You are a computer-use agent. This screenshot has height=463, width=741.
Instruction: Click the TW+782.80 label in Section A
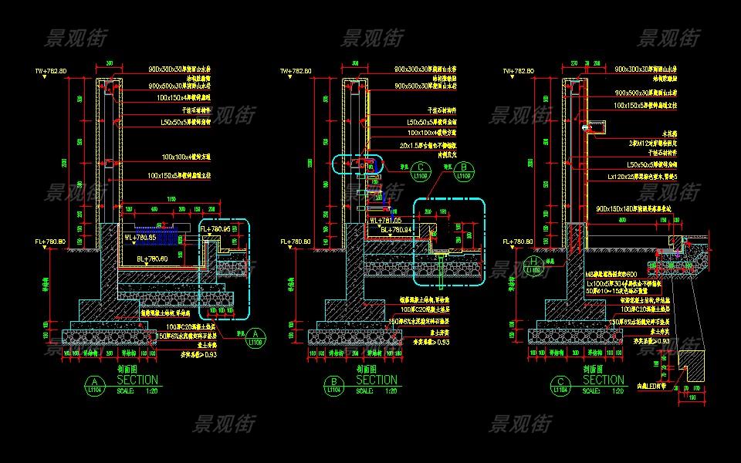point(50,72)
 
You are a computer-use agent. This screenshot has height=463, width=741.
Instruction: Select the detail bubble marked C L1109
point(421,171)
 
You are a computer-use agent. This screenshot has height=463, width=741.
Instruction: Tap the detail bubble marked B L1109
point(463,171)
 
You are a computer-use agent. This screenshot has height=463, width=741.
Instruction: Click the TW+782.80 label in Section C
point(518,72)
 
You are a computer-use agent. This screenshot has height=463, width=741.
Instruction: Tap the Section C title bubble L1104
point(558,385)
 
